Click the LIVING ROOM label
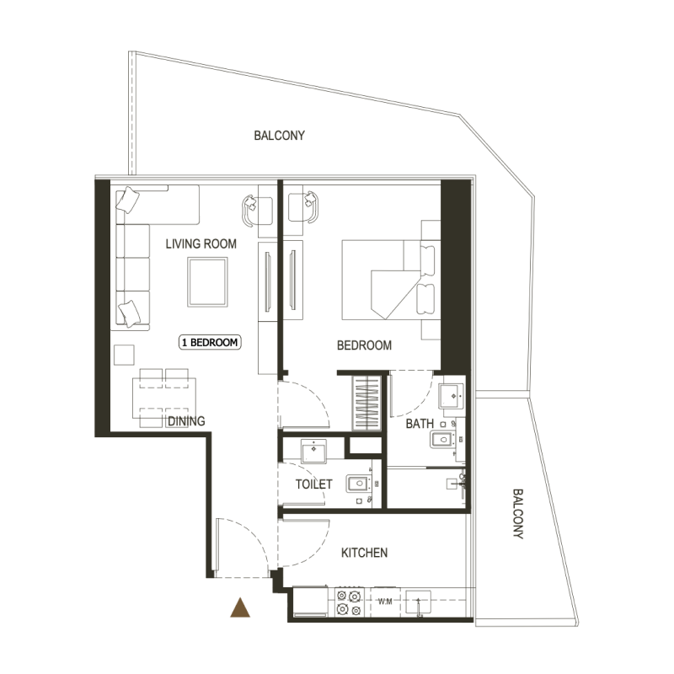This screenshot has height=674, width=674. (x=201, y=244)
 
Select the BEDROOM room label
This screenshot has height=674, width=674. (x=364, y=345)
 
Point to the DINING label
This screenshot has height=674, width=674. (x=185, y=421)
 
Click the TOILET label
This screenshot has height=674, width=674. (x=313, y=484)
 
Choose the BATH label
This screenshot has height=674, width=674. (x=420, y=424)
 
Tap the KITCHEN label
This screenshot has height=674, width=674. (x=364, y=553)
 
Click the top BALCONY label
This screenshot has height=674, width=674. (x=279, y=135)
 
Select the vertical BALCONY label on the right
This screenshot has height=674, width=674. (x=516, y=514)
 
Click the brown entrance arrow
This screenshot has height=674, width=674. (x=242, y=607)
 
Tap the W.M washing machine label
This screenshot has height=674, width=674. (x=385, y=602)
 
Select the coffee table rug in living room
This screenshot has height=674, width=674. (x=207, y=283)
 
